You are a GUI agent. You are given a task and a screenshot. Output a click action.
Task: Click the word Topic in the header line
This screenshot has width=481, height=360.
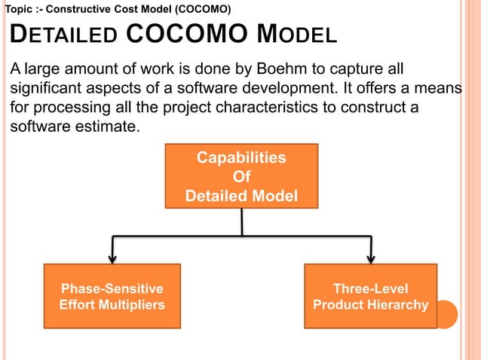[19, 9]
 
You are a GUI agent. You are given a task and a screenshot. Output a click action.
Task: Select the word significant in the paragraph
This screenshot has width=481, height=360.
[47, 89]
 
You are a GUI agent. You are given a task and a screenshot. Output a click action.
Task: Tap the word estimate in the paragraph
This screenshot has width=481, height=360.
[103, 126]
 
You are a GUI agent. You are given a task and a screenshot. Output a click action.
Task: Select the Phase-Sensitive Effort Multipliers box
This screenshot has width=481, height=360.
[112, 296]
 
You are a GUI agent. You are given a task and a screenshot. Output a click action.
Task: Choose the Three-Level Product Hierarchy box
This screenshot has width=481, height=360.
[370, 296]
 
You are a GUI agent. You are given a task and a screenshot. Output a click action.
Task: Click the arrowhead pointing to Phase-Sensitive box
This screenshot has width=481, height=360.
[112, 258]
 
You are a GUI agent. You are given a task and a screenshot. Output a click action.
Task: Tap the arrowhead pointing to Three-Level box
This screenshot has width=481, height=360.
[370, 258]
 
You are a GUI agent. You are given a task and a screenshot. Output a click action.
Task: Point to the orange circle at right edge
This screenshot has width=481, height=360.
[446, 314]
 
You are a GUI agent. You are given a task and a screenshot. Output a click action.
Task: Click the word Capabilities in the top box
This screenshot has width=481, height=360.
[241, 158]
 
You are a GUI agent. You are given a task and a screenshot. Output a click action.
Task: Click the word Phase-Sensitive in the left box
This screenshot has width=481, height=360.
[112, 288]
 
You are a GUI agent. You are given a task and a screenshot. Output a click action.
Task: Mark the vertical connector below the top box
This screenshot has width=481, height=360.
[241, 222]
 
